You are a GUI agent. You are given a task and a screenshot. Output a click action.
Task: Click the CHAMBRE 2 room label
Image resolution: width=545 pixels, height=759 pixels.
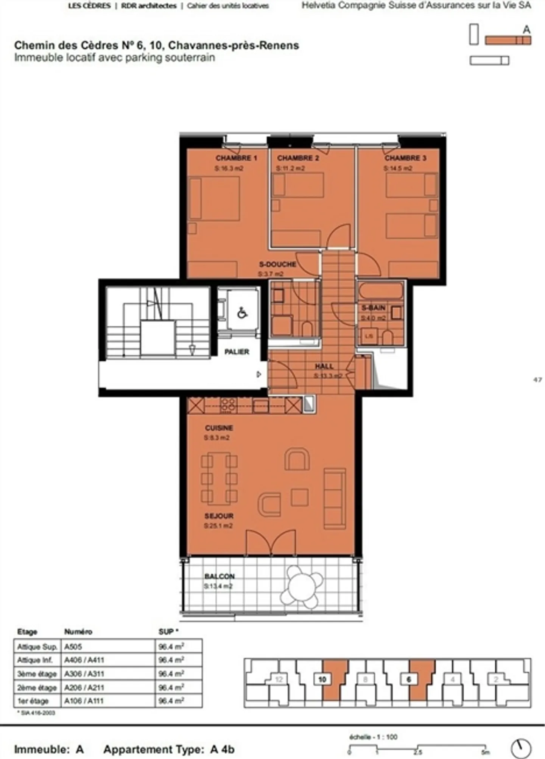(x=298, y=158)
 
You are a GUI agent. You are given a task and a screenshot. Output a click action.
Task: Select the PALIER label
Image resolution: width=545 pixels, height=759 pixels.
(x=237, y=352)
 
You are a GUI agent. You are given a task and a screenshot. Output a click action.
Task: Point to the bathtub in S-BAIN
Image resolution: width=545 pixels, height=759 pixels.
(x=381, y=291)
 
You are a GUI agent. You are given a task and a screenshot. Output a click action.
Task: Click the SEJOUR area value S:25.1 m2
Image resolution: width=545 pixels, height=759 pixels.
(x=218, y=526)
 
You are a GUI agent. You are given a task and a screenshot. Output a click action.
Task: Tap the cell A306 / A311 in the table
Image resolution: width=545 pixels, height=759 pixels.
(x=84, y=673)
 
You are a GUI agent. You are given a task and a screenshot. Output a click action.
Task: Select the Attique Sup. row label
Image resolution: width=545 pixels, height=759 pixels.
(x=37, y=647)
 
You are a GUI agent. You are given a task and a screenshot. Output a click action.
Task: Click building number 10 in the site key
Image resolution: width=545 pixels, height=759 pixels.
(x=322, y=679)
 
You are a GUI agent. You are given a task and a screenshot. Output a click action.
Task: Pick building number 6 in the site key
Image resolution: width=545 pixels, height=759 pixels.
(x=409, y=679)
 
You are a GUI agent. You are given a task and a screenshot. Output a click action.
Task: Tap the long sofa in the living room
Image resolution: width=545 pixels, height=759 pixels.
(x=335, y=498)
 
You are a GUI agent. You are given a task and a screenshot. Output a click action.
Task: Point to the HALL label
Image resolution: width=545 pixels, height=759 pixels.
(x=324, y=366)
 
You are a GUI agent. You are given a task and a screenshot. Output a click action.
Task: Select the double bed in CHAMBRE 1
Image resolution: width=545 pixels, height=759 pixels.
(x=215, y=199)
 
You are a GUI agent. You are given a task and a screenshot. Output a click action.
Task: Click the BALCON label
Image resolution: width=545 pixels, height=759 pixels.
(x=220, y=576)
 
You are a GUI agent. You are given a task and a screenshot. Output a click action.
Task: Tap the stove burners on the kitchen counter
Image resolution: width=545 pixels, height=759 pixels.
(x=229, y=405)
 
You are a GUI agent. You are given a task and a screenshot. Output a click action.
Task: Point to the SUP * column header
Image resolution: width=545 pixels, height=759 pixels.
(x=168, y=632)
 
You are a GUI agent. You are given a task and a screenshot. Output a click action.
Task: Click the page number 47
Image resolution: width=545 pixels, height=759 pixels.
(x=537, y=380)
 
